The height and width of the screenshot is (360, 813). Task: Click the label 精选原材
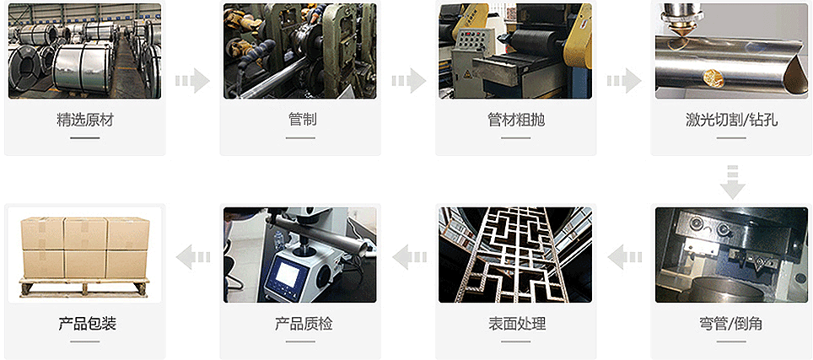pyautogui.click(x=84, y=120)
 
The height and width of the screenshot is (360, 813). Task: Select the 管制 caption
pyautogui.click(x=300, y=120)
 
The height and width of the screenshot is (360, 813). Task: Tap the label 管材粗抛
pyautogui.click(x=516, y=120)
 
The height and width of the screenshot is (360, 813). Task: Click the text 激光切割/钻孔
pyautogui.click(x=731, y=120)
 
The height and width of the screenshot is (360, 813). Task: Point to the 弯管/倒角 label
pyautogui.click(x=731, y=324)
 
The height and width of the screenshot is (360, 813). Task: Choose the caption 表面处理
pyautogui.click(x=516, y=324)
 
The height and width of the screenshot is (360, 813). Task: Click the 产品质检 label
pyautogui.click(x=300, y=324)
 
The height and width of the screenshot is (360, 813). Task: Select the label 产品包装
pyautogui.click(x=84, y=324)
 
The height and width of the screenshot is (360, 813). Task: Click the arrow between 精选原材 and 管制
pyautogui.click(x=192, y=81)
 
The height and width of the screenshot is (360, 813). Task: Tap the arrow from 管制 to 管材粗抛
pyautogui.click(x=408, y=81)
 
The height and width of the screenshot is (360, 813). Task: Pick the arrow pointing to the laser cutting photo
pyautogui.click(x=624, y=81)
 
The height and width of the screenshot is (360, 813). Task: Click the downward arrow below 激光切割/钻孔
pyautogui.click(x=732, y=181)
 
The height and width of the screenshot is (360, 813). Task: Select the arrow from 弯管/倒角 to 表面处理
pyautogui.click(x=624, y=255)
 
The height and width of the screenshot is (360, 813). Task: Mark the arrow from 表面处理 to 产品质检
pyautogui.click(x=408, y=255)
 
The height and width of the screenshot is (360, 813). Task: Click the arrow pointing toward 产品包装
pyautogui.click(x=192, y=255)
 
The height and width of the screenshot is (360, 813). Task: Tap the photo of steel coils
pyautogui.click(x=84, y=51)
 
